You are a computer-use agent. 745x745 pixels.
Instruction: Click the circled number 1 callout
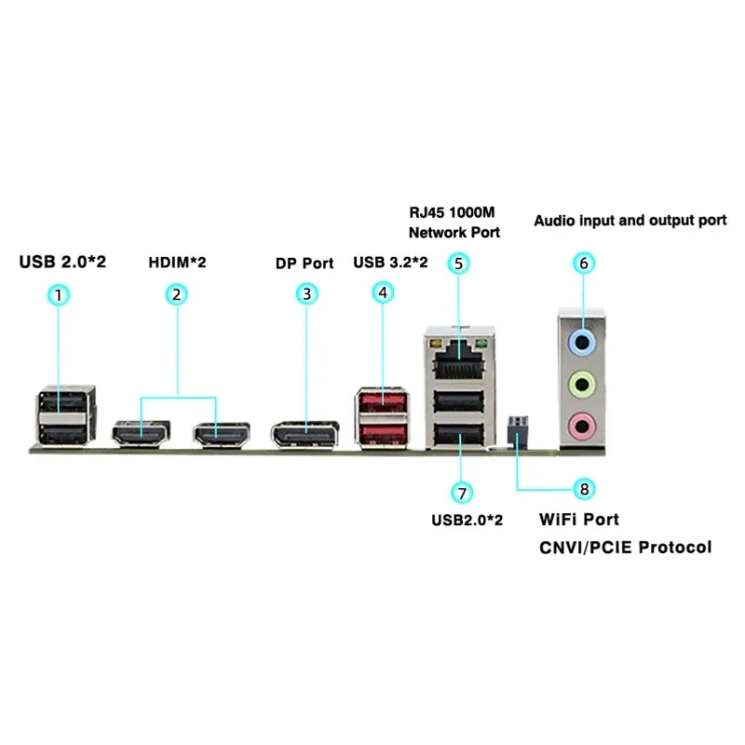click(59, 294)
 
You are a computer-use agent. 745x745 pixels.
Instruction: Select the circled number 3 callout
click(305, 294)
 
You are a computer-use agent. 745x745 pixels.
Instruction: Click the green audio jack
click(582, 382)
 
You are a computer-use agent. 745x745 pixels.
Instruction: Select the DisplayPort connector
click(305, 433)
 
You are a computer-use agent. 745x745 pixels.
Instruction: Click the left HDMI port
click(141, 433)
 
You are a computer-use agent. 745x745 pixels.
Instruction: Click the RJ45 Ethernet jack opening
click(456, 352)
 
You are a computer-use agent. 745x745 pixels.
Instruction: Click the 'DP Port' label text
click(305, 263)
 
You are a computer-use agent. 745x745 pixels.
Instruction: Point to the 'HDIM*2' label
click(177, 263)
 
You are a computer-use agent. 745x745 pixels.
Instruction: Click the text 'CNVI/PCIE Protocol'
click(625, 547)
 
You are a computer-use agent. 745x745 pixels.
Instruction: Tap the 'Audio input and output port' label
click(630, 221)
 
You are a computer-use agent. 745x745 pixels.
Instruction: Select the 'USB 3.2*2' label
click(390, 263)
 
